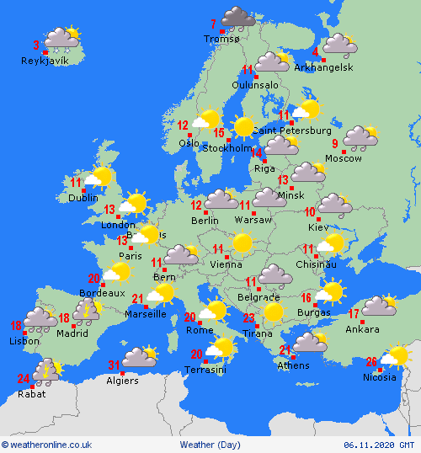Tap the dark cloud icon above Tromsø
tap(238, 17)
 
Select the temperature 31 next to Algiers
tap(114, 365)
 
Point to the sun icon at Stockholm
tap(244, 126)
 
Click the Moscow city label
tap(343, 158)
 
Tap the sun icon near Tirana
tap(272, 312)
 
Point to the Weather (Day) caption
tap(210, 445)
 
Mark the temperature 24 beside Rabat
tap(23, 377)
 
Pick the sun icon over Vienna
tap(242, 243)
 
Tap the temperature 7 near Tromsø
tap(213, 23)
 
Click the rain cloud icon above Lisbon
tap(40, 318)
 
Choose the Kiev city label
tap(319, 227)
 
